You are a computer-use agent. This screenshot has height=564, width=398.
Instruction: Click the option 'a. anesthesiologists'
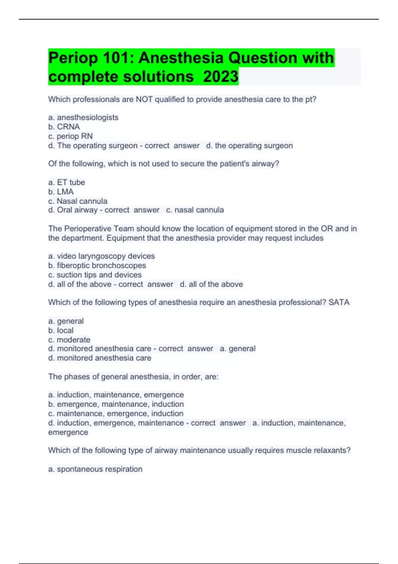pos(83,117)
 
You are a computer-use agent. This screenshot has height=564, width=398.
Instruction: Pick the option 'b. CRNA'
pos(64,127)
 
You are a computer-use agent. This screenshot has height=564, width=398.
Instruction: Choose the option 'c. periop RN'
pos(70,136)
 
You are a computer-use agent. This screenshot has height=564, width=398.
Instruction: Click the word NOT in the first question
pos(144,99)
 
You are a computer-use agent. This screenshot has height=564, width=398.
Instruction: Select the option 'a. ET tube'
pos(66,182)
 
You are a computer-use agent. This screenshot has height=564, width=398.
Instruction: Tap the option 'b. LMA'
pos(61,191)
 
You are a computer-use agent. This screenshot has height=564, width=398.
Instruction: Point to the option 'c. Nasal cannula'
pos(78,201)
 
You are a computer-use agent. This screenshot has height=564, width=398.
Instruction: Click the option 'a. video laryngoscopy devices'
pos(101,256)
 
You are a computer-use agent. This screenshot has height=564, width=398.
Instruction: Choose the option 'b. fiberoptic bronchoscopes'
pos(97,265)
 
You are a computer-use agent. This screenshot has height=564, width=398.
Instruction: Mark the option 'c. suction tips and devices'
pos(95,275)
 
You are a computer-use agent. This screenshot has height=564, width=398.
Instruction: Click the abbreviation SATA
pos(339,302)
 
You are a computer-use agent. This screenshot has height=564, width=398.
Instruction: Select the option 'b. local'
pos(61,330)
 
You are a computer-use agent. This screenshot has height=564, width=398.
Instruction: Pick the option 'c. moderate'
pos(69,340)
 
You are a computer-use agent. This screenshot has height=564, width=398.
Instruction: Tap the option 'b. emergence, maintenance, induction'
pos(116,404)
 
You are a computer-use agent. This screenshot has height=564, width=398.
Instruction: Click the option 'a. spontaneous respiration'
pos(95,469)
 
